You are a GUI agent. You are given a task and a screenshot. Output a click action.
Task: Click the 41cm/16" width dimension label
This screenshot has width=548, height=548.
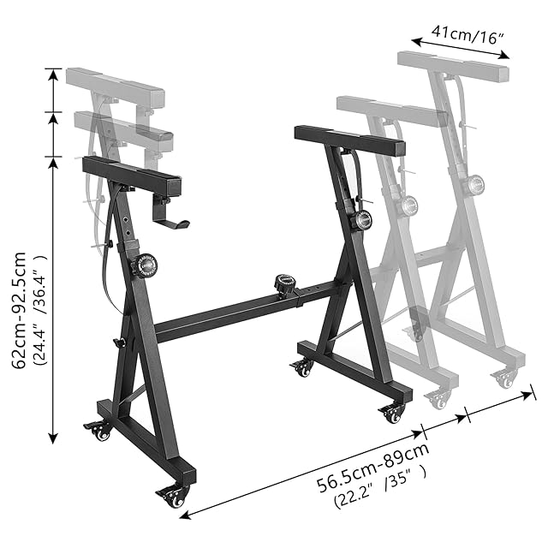[468, 34]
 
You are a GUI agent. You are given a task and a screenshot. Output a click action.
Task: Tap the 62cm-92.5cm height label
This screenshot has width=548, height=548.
[19, 310]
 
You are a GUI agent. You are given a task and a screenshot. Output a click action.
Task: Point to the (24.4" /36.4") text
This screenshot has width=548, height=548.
[39, 310]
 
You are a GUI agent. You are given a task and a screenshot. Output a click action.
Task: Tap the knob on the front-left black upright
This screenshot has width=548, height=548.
[144, 266]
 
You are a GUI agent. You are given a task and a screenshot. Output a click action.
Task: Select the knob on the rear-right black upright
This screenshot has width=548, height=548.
[361, 220]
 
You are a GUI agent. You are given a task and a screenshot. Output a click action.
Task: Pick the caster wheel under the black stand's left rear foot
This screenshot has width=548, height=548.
[98, 431]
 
